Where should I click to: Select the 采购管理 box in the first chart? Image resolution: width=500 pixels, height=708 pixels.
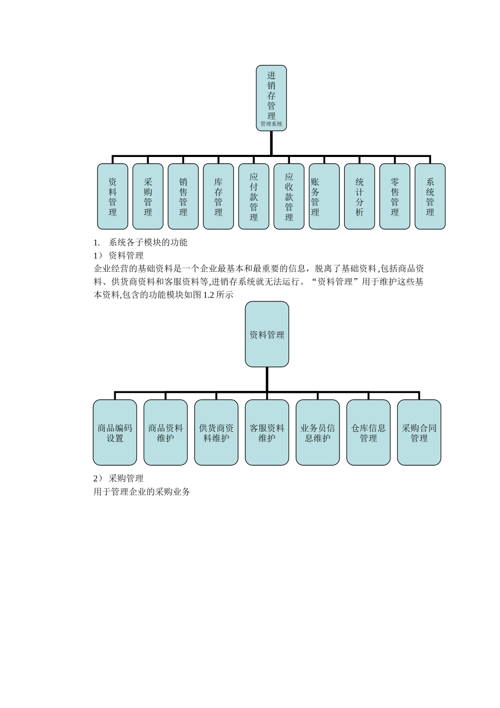point(148,196)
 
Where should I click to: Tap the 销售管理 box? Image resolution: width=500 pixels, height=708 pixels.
point(183,196)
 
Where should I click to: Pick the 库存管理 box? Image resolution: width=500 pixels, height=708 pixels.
point(218,196)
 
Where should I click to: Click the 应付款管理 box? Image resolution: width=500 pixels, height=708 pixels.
point(254,196)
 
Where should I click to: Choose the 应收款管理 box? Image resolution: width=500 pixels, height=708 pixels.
point(289,196)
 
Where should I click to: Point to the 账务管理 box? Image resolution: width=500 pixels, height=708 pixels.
point(324,196)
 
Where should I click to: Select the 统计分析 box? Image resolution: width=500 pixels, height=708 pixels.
point(359,196)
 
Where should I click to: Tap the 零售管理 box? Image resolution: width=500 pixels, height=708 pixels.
point(395,196)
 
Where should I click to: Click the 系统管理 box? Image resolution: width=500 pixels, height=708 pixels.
point(430,196)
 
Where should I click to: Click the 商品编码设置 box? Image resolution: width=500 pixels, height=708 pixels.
point(115,432)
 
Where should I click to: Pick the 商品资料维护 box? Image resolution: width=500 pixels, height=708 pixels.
point(165,432)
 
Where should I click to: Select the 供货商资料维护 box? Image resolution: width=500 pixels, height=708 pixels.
point(216,432)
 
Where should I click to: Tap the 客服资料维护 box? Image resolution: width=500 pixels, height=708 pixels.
point(267,432)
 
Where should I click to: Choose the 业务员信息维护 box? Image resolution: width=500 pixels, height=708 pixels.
point(317,432)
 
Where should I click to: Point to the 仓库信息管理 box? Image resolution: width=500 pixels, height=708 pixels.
point(368,432)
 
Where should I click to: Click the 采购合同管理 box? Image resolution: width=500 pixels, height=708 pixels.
point(419,432)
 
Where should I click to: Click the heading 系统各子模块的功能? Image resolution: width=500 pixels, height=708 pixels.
point(148,243)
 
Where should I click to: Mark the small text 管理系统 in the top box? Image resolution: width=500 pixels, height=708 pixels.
point(271,124)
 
